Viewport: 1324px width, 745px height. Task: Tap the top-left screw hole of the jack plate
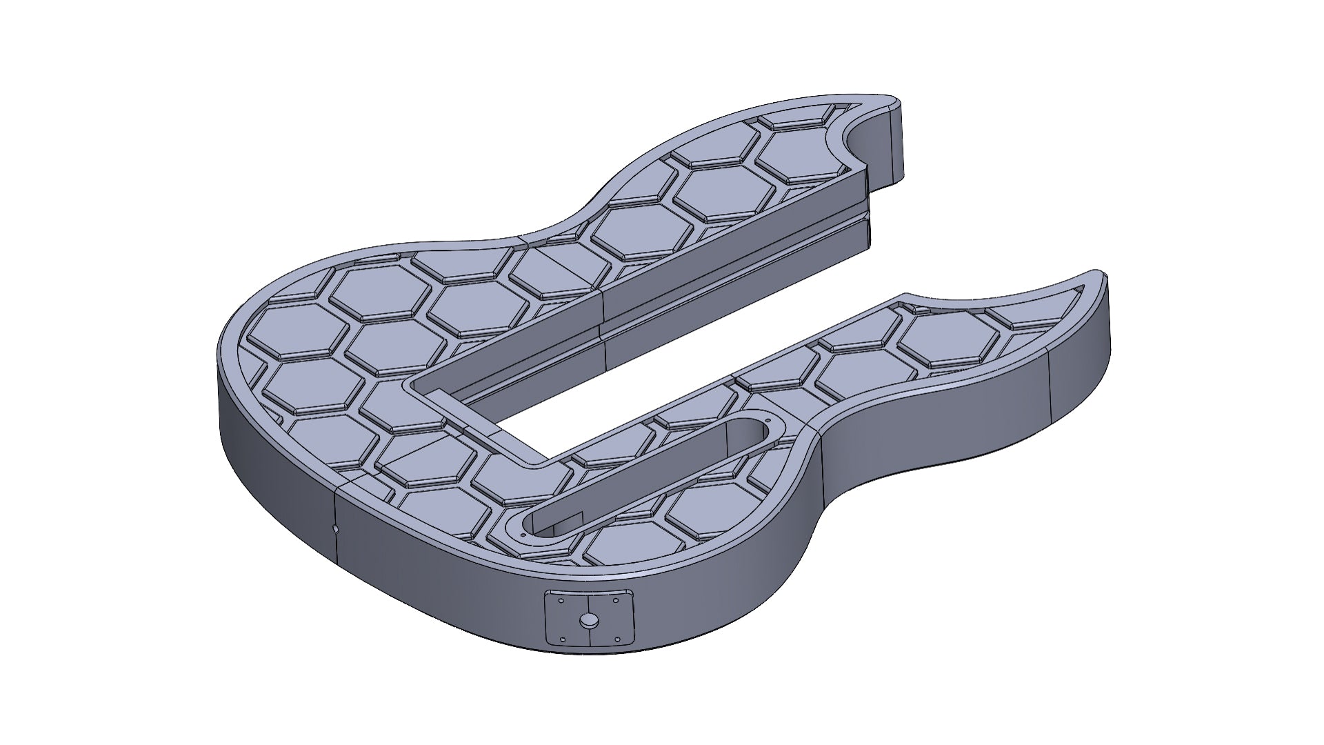click(561, 601)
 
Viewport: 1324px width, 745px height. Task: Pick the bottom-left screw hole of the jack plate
click(563, 639)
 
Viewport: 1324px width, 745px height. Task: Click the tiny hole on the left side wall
click(335, 529)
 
